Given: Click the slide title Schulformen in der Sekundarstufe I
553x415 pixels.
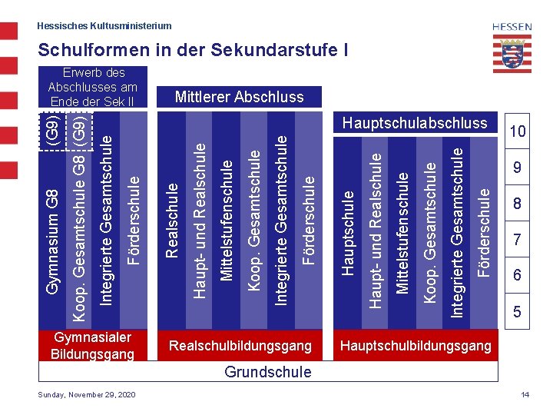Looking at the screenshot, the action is (192, 51).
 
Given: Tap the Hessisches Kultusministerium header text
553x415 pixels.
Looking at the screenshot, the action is (104, 26).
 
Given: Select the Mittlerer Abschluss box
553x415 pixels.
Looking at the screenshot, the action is (239, 97).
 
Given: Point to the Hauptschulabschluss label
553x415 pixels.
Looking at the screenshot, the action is (415, 123).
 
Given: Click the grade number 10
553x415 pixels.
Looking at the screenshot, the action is (518, 131).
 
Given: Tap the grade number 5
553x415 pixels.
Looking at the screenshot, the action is (518, 312).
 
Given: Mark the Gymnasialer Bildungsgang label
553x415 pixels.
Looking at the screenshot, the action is (92, 346).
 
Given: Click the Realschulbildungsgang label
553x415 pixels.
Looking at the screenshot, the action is (240, 346).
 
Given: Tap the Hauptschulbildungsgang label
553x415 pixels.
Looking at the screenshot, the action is (416, 346).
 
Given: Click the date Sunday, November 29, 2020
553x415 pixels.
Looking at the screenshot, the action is (87, 394).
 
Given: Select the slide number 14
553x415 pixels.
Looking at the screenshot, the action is (525, 394).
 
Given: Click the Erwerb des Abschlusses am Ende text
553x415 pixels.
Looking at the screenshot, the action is (92, 87).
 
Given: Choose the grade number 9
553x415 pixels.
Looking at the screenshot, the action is (518, 168).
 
